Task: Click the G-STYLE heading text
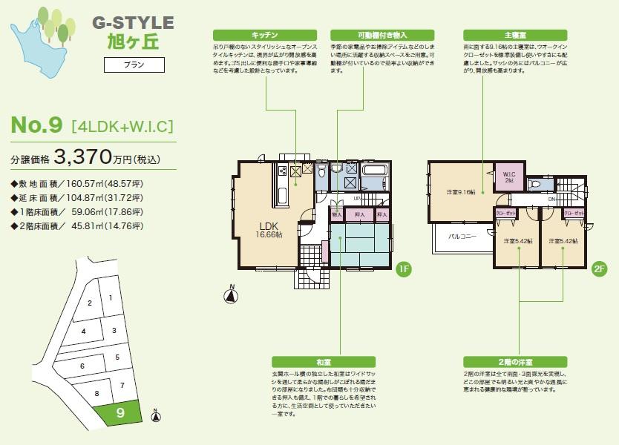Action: click(x=133, y=23)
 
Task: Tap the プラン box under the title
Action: click(x=133, y=65)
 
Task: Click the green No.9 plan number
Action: click(x=36, y=125)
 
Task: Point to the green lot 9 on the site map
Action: click(x=122, y=413)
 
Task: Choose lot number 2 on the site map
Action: click(x=89, y=303)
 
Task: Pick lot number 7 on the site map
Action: click(x=121, y=385)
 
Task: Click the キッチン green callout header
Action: click(x=264, y=35)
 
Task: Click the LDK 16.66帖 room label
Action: click(x=269, y=229)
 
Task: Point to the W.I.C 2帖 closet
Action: click(x=508, y=177)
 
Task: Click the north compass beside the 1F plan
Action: click(x=232, y=294)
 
